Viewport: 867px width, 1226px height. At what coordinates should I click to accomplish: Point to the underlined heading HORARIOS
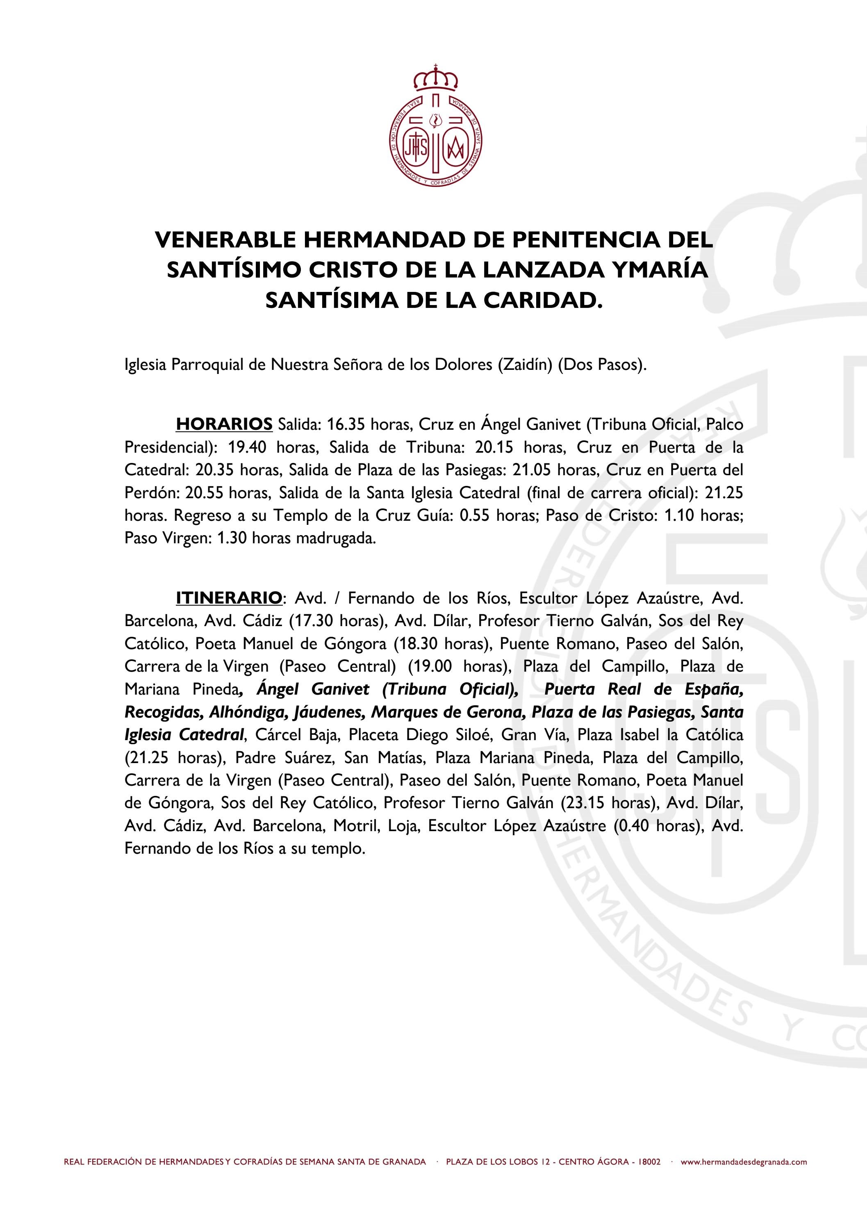[224, 424]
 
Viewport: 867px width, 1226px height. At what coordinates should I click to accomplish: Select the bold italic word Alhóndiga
[243, 712]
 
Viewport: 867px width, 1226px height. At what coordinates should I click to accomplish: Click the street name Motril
[351, 826]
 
